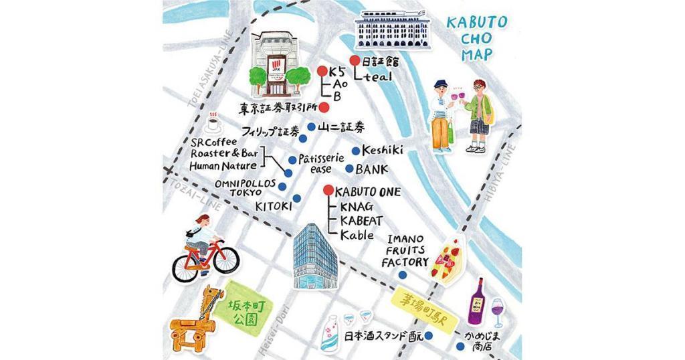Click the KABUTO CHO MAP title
[x=476, y=37]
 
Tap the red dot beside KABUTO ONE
[x=327, y=191]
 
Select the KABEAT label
[x=361, y=220]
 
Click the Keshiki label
[x=382, y=151]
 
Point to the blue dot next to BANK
[x=349, y=169]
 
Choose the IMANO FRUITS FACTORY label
[x=405, y=251]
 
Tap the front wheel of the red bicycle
[x=225, y=258]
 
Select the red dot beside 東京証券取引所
[x=324, y=107]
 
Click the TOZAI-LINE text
[x=195, y=193]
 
